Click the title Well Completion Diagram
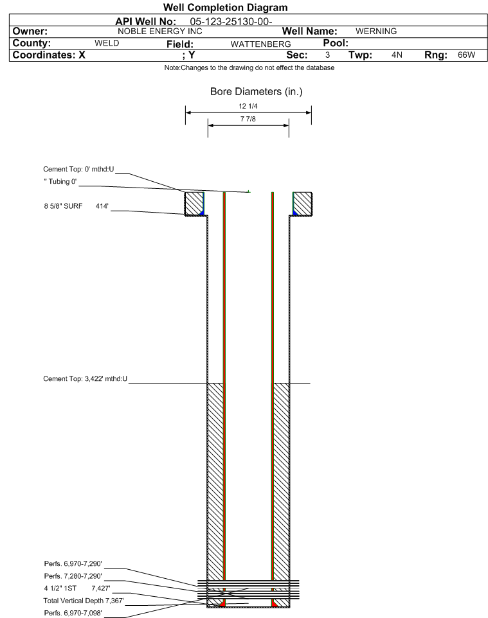click(226, 8)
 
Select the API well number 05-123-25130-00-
click(231, 22)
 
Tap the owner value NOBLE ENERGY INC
click(160, 31)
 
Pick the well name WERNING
click(376, 31)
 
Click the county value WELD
click(107, 43)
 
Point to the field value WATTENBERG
click(261, 44)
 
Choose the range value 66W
click(466, 55)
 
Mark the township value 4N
click(397, 55)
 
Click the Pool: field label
click(336, 43)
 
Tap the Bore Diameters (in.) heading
click(257, 92)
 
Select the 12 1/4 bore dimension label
click(248, 106)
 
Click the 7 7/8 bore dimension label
click(248, 119)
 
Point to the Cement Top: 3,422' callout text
click(86, 379)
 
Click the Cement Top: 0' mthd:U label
click(78, 169)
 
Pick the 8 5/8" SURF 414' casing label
click(76, 206)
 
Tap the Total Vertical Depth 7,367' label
click(84, 601)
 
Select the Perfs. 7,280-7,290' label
click(73, 576)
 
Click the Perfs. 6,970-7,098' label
click(73, 613)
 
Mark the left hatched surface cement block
click(194, 204)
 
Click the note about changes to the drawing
click(249, 68)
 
